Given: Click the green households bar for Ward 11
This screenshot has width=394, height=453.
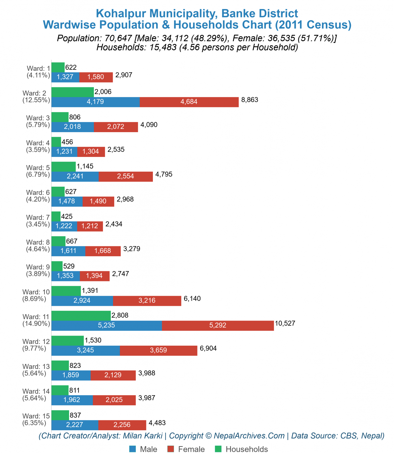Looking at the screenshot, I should click(x=81, y=316).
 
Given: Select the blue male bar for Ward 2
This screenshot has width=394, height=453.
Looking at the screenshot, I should click(x=95, y=102).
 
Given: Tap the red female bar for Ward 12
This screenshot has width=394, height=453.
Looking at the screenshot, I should click(x=158, y=350).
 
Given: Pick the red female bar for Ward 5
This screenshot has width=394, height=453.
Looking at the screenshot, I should click(x=126, y=176).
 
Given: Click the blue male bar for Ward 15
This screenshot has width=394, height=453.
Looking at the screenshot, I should click(x=75, y=425).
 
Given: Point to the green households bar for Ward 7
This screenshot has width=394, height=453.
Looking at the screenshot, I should click(x=56, y=216).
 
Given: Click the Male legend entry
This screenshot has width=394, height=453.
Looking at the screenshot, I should click(x=143, y=449).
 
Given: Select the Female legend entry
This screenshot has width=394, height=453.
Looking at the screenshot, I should click(x=186, y=449).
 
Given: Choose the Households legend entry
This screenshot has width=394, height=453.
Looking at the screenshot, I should click(x=241, y=449).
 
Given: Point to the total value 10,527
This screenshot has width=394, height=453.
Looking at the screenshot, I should click(x=285, y=324).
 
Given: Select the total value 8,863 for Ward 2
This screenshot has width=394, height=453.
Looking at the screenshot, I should click(x=250, y=100).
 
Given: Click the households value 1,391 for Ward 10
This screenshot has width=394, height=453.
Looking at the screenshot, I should click(x=90, y=291).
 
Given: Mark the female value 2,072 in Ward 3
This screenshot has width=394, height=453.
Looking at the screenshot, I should click(x=116, y=127).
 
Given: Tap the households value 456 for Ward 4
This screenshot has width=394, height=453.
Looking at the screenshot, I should click(x=67, y=142).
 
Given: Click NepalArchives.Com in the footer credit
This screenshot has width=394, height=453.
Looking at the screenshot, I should click(x=249, y=436).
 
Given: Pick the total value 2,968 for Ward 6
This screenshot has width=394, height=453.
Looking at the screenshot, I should click(x=125, y=199).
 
